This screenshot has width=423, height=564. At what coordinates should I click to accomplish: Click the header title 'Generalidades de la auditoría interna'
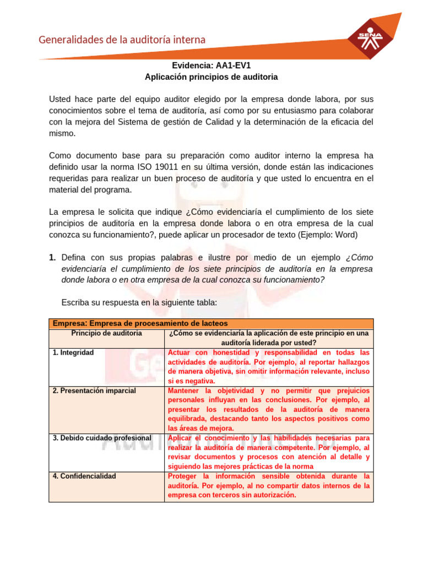pos(122,40)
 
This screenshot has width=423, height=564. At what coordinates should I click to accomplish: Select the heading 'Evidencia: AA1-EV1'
pos(211,65)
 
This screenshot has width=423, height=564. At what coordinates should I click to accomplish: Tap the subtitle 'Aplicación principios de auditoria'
pos(211,77)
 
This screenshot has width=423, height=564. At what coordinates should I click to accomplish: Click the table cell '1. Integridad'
pos(73,352)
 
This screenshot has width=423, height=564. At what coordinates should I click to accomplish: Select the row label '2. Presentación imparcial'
pos(94,391)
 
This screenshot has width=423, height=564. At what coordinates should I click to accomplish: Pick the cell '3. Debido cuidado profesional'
pos(102,438)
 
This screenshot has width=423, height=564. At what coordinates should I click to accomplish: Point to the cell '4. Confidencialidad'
pos(84,476)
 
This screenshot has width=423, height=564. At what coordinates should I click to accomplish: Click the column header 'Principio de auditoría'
pos(107,333)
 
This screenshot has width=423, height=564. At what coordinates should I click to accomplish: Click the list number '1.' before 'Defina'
pos(52,257)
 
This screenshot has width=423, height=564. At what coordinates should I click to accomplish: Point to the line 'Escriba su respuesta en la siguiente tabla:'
pos(139,302)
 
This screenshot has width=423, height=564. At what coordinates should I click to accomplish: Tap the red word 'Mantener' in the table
pos(185,391)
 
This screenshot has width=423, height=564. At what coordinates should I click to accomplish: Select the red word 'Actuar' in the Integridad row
pos(180,352)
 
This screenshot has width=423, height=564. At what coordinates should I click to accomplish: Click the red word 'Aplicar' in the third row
pos(180,438)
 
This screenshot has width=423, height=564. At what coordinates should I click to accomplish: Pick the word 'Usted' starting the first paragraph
pos(60,99)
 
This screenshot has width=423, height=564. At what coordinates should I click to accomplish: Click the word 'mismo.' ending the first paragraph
pos(62,134)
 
